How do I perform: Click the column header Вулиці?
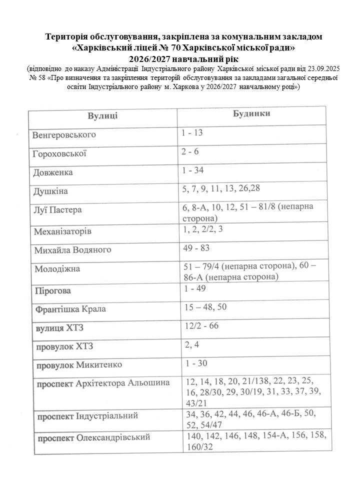[x=103, y=116]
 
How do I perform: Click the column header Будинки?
[x=252, y=113]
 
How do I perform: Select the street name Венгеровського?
[x=64, y=135]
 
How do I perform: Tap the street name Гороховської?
[x=59, y=153]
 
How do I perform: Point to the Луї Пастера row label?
[x=57, y=209]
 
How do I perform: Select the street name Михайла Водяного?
[x=72, y=249]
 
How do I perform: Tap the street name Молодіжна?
[x=57, y=269]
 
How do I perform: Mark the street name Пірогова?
[x=52, y=290]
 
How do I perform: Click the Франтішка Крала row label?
[x=70, y=309]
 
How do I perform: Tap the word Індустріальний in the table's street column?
[x=107, y=416]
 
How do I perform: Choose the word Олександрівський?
[x=113, y=438]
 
